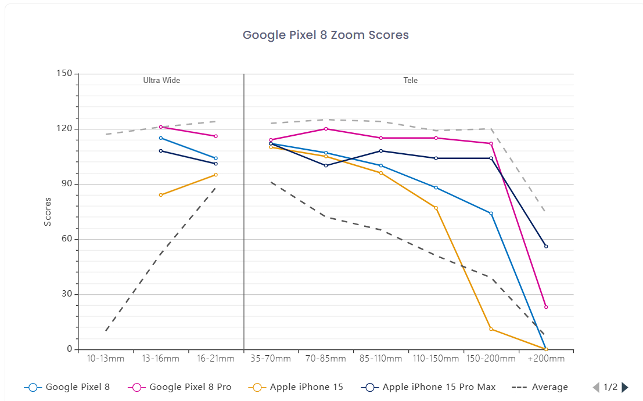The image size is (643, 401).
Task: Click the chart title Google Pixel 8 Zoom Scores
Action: point(326,35)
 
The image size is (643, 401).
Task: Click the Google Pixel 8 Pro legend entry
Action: point(179,387)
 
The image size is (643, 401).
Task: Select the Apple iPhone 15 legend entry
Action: point(296,387)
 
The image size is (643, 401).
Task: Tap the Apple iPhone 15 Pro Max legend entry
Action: point(428,387)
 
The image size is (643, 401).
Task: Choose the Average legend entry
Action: point(540,387)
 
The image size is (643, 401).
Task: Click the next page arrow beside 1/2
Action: point(625,387)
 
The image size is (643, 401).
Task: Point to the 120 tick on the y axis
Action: point(64,129)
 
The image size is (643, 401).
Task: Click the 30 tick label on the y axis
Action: point(67,294)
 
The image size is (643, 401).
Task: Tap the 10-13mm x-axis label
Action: point(105,359)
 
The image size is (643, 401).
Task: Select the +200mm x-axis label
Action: point(546,359)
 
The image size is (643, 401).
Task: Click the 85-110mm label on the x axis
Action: point(380,359)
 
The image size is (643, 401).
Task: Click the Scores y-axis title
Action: point(48,212)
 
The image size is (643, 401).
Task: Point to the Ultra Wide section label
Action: point(161,80)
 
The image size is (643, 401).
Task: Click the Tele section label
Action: point(411,80)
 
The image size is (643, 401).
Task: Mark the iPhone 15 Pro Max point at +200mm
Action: point(546,246)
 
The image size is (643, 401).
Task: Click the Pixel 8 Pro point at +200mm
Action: point(546,307)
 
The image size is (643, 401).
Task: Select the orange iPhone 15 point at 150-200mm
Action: point(491,329)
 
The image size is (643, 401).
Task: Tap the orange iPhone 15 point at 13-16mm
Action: point(161,195)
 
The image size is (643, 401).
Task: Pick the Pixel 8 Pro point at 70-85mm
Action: point(326,129)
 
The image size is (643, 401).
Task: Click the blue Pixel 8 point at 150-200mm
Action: point(491,214)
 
